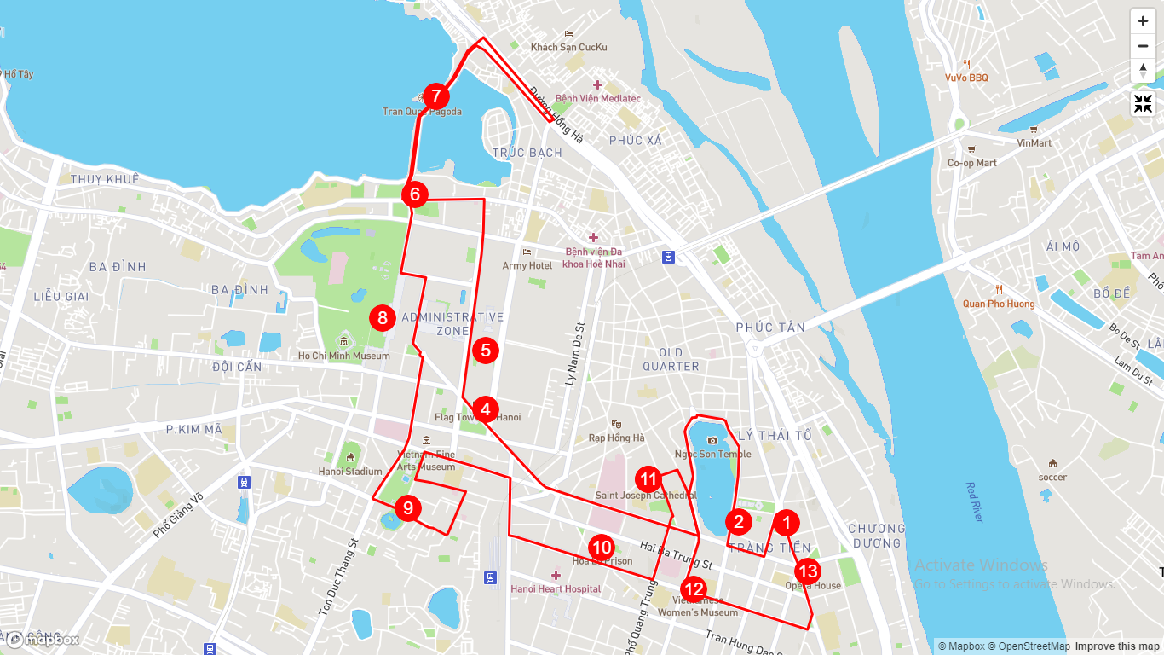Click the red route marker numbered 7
[435, 96]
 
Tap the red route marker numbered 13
[808, 571]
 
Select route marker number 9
[408, 509]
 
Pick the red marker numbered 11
[649, 479]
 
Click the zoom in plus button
[1143, 21]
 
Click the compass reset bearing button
[1143, 71]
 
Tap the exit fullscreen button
[1143, 104]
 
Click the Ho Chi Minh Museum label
[344, 356]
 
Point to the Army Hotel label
[527, 265]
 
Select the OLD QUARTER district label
[671, 359]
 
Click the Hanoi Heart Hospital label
[556, 588]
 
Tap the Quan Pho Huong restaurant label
[999, 304]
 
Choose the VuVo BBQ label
[966, 78]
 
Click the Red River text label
[974, 502]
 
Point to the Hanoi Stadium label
[350, 471]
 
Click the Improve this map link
[1116, 646]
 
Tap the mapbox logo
[43, 640]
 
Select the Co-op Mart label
[972, 163]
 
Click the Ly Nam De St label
[573, 354]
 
